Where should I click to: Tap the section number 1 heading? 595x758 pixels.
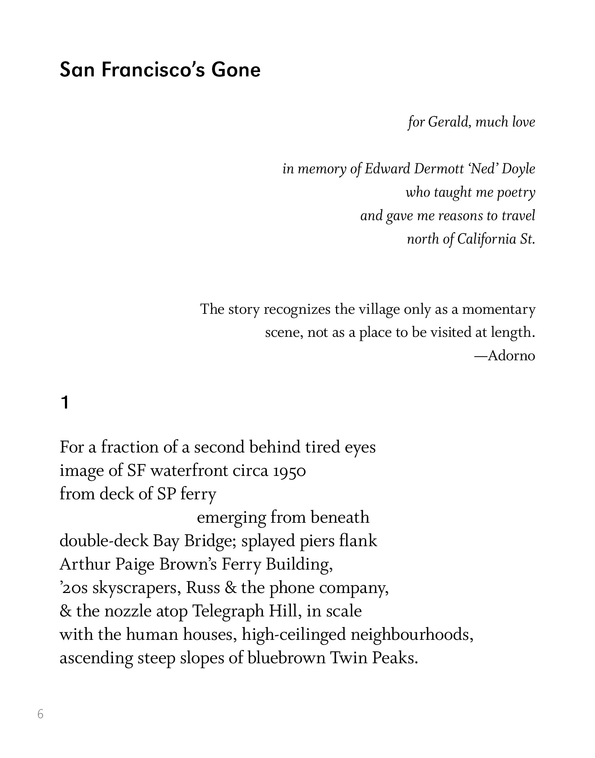tap(65, 403)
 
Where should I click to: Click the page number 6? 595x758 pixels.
tap(40, 714)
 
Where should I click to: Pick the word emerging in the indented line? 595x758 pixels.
tap(231, 518)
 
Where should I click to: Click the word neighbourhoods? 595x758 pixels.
tap(412, 634)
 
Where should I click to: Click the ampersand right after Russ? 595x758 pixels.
tap(230, 588)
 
